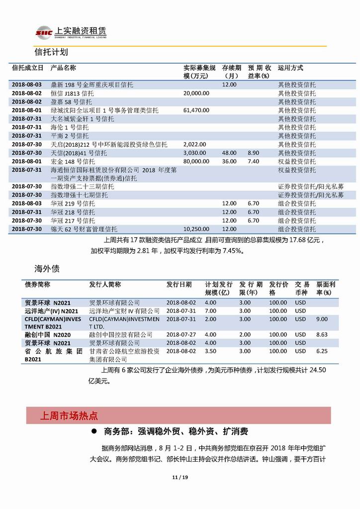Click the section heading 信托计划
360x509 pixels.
pyautogui.click(x=51, y=52)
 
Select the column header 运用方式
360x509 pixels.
pyautogui.click(x=290, y=68)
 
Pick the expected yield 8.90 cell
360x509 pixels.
pyautogui.click(x=254, y=153)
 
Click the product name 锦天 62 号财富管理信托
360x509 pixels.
pyautogui.click(x=84, y=229)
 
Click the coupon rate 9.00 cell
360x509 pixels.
pyautogui.click(x=322, y=319)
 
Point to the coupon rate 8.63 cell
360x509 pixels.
pyautogui.click(x=322, y=335)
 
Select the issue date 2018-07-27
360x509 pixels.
pyautogui.click(x=181, y=335)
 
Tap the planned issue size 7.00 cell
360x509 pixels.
pyautogui.click(x=210, y=311)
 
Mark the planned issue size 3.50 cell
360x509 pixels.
pyautogui.click(x=210, y=351)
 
